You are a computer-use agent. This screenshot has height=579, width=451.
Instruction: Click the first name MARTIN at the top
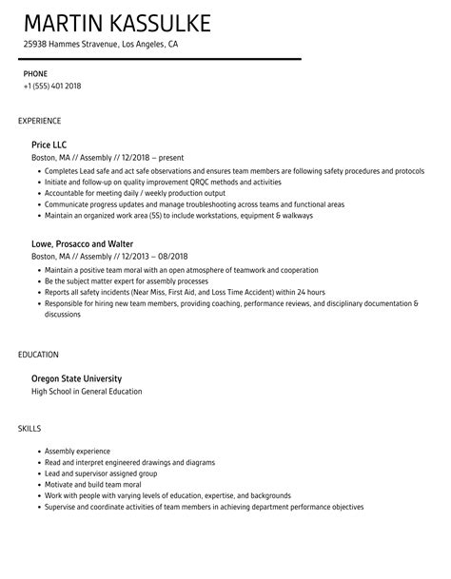[65, 23]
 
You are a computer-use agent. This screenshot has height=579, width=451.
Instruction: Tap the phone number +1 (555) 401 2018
[52, 86]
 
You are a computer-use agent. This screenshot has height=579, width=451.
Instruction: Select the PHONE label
[35, 73]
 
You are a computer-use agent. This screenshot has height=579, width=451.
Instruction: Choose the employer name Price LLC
[49, 145]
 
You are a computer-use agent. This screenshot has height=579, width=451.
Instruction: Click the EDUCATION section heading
[38, 354]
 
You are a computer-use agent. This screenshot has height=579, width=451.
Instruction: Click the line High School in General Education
[87, 391]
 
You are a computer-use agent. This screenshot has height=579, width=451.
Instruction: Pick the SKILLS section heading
[29, 428]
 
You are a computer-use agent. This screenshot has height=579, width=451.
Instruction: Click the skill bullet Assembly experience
[77, 451]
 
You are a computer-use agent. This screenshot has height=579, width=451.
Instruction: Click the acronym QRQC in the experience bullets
[174, 182]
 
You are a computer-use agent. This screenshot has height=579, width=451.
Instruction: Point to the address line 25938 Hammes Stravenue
[100, 44]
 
